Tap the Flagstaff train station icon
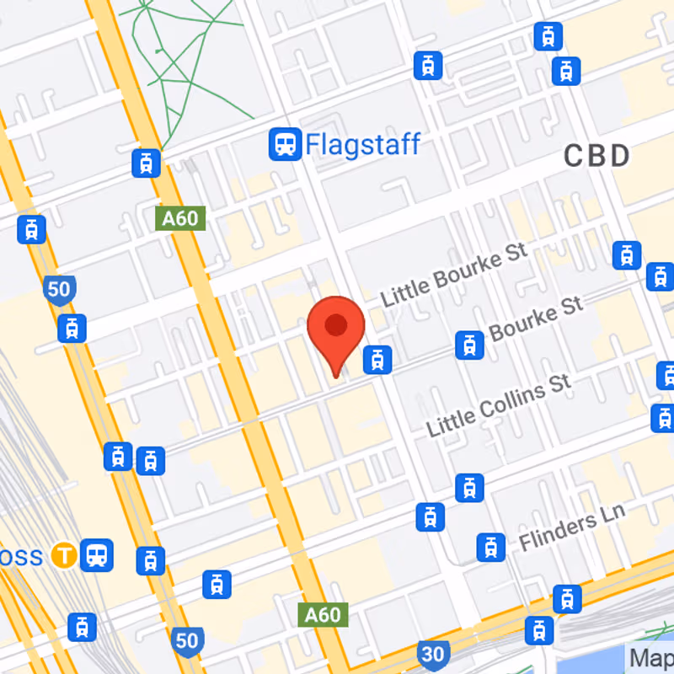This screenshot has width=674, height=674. point(285,145)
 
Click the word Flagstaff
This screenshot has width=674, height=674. point(362,144)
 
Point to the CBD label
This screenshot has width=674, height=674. point(596,156)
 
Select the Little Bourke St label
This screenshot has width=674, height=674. point(453,275)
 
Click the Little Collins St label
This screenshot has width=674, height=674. point(499,405)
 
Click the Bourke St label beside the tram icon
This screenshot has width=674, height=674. point(536,321)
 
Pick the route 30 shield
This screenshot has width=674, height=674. point(433,654)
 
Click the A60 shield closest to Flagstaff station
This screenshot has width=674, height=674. point(180,219)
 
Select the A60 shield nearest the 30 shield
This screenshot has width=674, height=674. point(322,614)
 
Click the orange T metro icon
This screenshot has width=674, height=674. point(62,556)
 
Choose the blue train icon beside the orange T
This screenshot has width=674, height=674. point(97,554)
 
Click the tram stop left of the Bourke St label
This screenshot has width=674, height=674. point(468,344)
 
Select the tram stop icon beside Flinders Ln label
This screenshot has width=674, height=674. point(489,547)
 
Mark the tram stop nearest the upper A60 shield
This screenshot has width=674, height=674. point(147,163)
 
